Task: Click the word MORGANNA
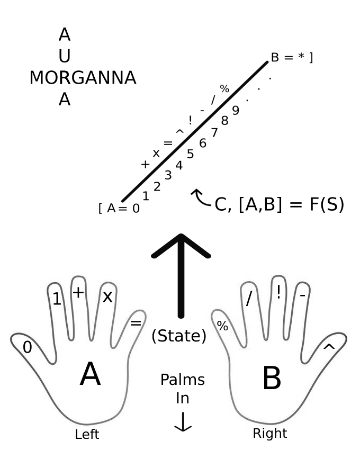tap(83, 78)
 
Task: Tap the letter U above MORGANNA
tap(65, 56)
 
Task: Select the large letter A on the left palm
tap(90, 375)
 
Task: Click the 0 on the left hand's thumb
tap(28, 347)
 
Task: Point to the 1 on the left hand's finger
tap(57, 300)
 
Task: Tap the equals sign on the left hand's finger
tap(136, 322)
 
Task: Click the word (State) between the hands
tap(178, 336)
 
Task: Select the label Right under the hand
tap(269, 434)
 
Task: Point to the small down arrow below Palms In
tap(183, 423)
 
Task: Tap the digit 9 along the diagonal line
tap(236, 111)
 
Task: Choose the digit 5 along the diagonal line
tap(191, 154)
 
